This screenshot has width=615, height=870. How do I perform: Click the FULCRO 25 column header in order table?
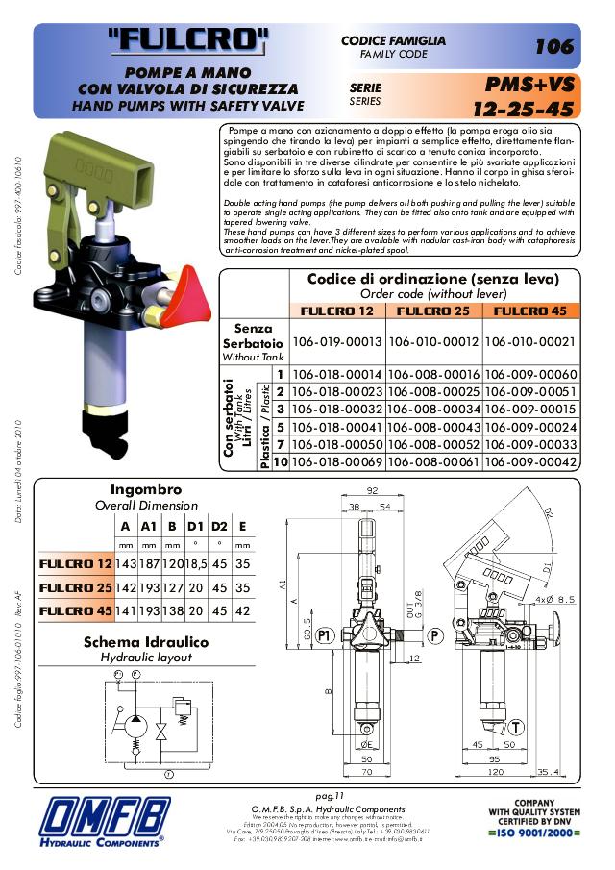click(432, 311)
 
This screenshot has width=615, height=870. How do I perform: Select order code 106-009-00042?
click(531, 462)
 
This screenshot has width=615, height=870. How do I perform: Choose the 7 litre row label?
click(280, 445)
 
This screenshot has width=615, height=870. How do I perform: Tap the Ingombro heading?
click(146, 489)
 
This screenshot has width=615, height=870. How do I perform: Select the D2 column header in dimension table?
click(220, 525)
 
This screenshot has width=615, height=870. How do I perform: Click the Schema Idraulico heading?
click(146, 642)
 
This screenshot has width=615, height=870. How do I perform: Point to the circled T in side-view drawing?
click(516, 727)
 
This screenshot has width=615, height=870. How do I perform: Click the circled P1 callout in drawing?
click(325, 634)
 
